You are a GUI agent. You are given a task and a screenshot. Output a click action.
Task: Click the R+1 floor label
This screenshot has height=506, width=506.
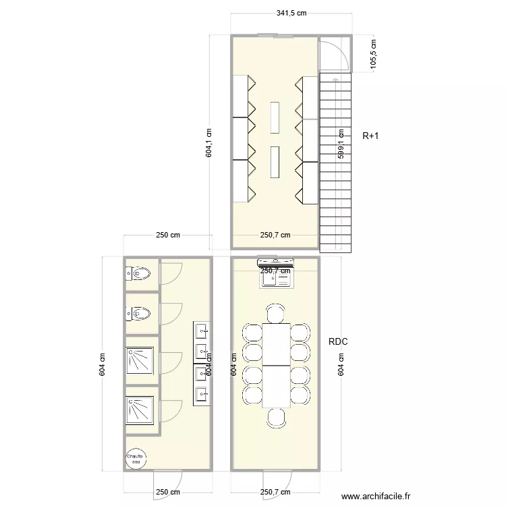tap(370, 136)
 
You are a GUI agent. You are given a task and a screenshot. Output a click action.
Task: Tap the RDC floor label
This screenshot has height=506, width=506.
tap(338, 343)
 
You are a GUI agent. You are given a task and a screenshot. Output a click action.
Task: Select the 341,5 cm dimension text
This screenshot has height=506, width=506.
tap(291, 13)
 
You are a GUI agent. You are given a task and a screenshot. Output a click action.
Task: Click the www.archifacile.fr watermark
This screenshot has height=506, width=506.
tap(376, 496)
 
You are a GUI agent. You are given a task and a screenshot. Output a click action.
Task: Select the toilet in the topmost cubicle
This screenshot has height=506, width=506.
tap(139, 274)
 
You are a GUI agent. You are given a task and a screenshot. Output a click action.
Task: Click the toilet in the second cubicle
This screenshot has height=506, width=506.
tap(139, 314)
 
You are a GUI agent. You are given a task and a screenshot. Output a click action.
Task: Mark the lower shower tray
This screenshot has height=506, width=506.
tap(141, 410)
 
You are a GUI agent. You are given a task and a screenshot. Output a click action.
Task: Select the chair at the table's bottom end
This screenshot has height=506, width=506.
tap(275, 418)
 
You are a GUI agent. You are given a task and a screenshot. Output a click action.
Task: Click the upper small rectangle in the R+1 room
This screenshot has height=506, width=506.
tap(275, 117)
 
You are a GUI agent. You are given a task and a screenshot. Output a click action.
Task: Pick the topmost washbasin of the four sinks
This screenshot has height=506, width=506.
tap(201, 331)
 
